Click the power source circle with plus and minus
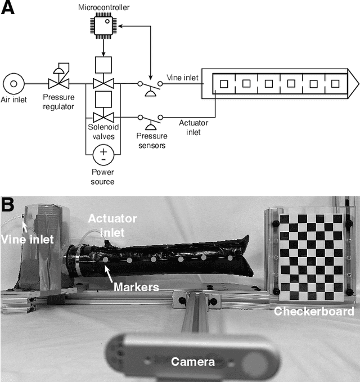pyautogui.click(x=102, y=154)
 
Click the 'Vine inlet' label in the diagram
pyautogui.click(x=182, y=78)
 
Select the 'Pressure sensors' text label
pyautogui.click(x=152, y=140)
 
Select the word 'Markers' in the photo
pyautogui.click(x=136, y=287)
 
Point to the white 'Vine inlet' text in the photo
pyautogui.click(x=26, y=239)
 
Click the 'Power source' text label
pyautogui.click(x=102, y=177)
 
